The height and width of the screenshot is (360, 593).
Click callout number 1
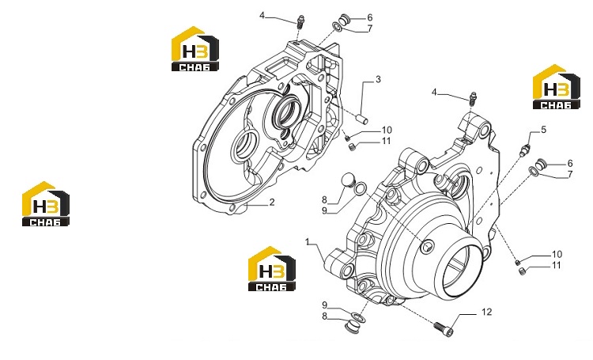(x=308, y=241)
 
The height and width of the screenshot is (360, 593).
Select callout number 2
(x=271, y=202)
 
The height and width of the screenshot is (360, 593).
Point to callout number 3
(x=378, y=79)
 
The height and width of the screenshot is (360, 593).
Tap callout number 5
(x=543, y=130)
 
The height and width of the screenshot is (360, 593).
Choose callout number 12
(x=487, y=312)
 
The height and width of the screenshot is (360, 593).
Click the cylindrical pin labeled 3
(x=364, y=119)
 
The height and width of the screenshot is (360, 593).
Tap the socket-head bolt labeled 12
(x=444, y=329)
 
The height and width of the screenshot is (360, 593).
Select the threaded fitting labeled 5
(x=525, y=150)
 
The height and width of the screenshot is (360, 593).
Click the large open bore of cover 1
(x=463, y=269)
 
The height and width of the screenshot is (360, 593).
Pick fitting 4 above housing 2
(x=301, y=21)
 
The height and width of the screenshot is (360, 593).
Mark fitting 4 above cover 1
(x=472, y=98)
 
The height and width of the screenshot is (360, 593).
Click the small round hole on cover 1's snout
(x=427, y=247)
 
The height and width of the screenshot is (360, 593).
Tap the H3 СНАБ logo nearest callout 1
(x=271, y=269)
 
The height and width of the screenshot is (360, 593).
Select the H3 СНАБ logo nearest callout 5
(x=557, y=88)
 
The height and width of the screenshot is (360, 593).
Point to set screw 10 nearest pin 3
(x=347, y=138)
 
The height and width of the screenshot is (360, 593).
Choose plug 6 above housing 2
(x=344, y=18)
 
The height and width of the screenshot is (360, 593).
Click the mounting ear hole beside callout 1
(x=347, y=270)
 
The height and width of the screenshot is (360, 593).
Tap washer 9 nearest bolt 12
(x=358, y=317)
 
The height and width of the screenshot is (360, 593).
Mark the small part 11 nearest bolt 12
(x=523, y=271)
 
